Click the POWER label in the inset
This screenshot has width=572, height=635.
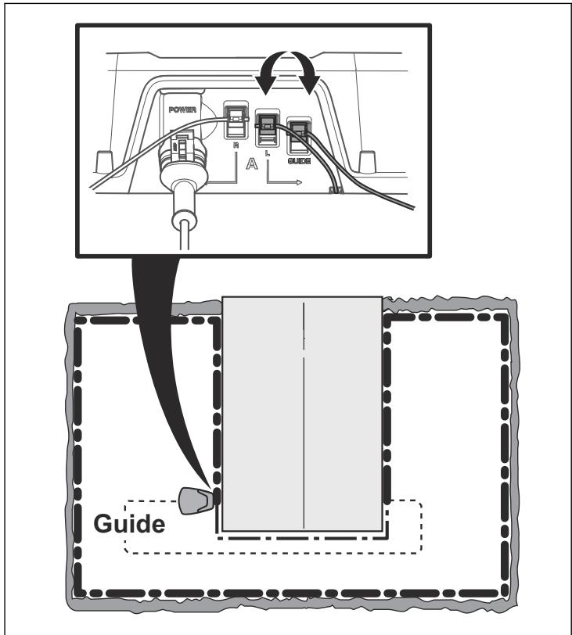[x=182, y=109]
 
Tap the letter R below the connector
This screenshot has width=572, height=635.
[x=236, y=145]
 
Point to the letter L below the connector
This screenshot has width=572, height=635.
[x=267, y=152]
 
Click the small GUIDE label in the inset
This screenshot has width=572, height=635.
[x=300, y=161]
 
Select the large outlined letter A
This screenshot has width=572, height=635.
[x=251, y=163]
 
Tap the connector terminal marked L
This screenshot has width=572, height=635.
[x=267, y=127]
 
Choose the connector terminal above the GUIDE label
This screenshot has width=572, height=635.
[x=299, y=135]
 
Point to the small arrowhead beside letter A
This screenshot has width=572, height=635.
[x=299, y=183]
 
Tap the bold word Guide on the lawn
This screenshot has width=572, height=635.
[x=129, y=524]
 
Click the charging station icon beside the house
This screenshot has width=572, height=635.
[x=195, y=500]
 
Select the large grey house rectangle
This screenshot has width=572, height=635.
[x=302, y=414]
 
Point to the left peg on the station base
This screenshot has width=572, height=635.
[x=103, y=161]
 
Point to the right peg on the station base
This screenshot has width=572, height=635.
[x=368, y=161]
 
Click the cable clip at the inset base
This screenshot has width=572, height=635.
[x=335, y=189]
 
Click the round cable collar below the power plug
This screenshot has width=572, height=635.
[x=185, y=221]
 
